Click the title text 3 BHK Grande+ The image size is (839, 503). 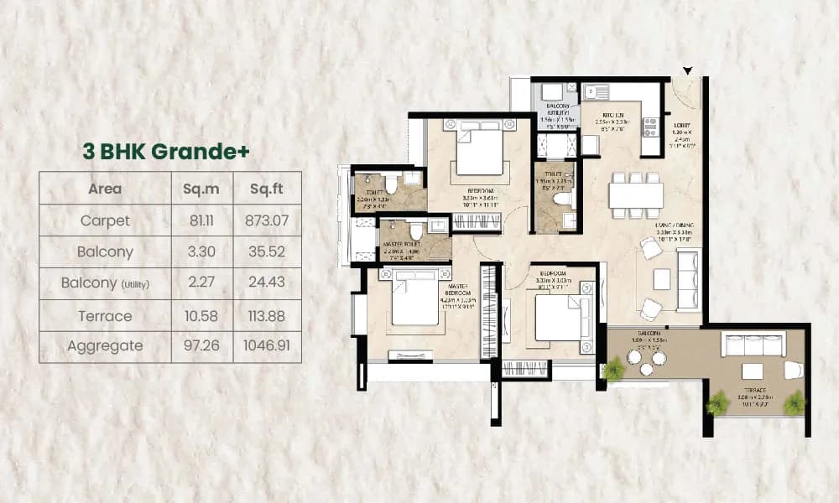(x=165, y=151)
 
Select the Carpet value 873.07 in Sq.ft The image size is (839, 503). (x=265, y=220)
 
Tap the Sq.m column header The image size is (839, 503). (x=201, y=189)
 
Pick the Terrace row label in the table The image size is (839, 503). (x=105, y=315)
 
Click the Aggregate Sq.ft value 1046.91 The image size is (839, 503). (x=265, y=345)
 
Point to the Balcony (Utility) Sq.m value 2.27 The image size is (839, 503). (x=201, y=283)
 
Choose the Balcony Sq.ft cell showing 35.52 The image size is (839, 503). (x=265, y=251)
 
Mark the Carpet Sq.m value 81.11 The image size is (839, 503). (x=201, y=220)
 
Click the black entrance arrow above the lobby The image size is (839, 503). (x=689, y=71)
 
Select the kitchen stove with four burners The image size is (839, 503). (x=651, y=127)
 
